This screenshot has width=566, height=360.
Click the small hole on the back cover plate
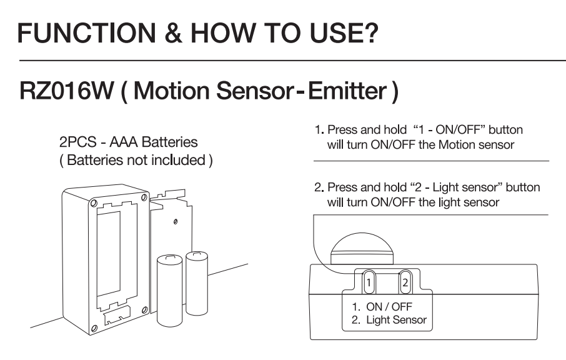coord(175,221)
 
